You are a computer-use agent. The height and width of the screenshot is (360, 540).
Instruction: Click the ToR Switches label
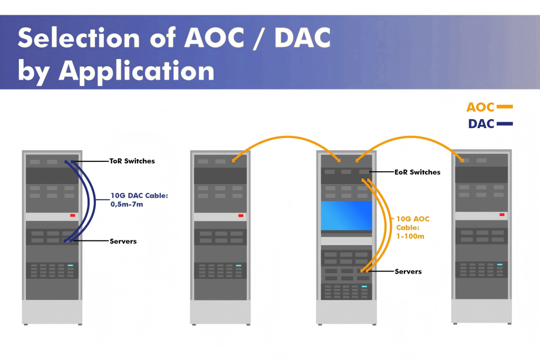[x=132, y=161]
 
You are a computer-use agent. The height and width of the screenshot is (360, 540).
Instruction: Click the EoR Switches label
[x=417, y=172]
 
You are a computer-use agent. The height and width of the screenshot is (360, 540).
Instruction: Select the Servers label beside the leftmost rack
[x=123, y=241]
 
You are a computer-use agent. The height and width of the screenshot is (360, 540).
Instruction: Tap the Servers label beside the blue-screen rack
[x=408, y=271]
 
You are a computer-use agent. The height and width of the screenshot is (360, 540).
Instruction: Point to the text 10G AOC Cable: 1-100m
[x=411, y=227]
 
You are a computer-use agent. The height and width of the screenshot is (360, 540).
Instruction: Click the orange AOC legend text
[x=480, y=108]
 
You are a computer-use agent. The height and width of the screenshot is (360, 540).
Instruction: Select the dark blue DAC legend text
[x=481, y=124]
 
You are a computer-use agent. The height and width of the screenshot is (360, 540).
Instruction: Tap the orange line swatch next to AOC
[x=505, y=107]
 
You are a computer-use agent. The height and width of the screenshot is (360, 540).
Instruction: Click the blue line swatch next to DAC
[x=505, y=124]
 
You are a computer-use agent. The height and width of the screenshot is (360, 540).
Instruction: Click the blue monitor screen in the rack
[x=346, y=216]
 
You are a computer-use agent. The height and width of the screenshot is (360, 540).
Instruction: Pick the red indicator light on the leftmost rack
[x=73, y=216]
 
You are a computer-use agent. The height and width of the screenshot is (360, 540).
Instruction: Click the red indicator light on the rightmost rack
[x=502, y=215]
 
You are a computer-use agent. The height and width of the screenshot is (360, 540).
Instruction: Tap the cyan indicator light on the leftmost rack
[x=70, y=265]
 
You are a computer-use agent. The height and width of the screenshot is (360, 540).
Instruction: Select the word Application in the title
[x=137, y=70]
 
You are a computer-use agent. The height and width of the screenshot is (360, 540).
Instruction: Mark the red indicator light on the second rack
[x=240, y=216]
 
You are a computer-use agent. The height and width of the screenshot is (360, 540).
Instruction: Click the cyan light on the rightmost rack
[x=499, y=264]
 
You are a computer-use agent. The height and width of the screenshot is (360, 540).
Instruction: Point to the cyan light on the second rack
[x=238, y=266]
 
